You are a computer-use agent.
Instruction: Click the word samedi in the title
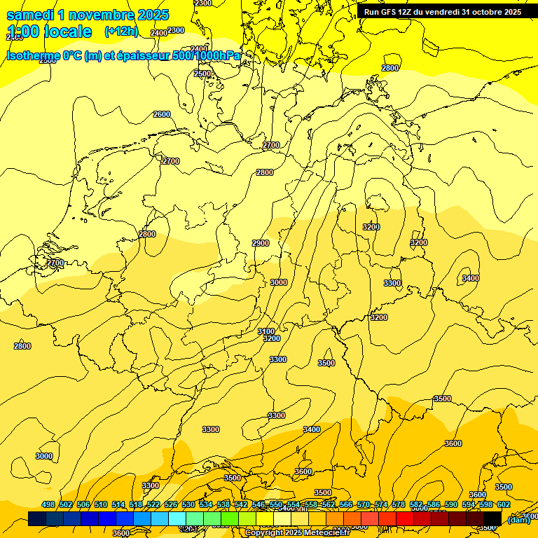pyautogui.click(x=30, y=15)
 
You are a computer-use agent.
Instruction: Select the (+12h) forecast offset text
pyautogui.click(x=121, y=32)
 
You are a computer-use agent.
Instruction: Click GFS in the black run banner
pyautogui.click(x=386, y=12)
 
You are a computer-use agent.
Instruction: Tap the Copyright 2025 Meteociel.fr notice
pyautogui.click(x=297, y=533)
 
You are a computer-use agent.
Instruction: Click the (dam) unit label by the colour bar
pyautogui.click(x=518, y=520)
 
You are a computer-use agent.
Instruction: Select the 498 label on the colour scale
pyautogui.click(x=48, y=505)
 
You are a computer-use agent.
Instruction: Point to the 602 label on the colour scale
pyautogui.click(x=504, y=505)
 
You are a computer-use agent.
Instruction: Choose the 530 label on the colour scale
pyautogui.click(x=188, y=505)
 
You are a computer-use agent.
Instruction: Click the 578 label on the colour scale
pyautogui.click(x=399, y=505)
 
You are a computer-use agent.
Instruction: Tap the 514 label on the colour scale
pyautogui.click(x=118, y=505)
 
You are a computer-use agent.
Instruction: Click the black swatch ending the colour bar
pyautogui.click(x=492, y=519)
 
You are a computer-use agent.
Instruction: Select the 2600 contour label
pyautogui.click(x=162, y=114)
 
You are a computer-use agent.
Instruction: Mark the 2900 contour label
pyautogui.click(x=261, y=243)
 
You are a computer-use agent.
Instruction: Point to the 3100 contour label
pyautogui.click(x=266, y=331)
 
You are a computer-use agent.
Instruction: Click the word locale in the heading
pyautogui.click(x=66, y=32)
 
